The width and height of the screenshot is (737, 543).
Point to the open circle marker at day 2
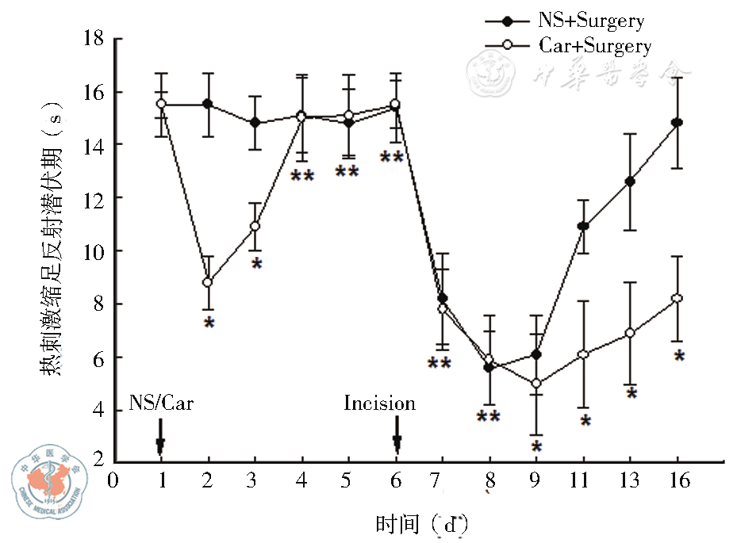point(209,282)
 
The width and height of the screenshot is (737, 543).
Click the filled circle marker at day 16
point(677,123)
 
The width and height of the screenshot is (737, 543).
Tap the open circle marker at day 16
point(677,298)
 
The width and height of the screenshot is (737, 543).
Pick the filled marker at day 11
point(583,226)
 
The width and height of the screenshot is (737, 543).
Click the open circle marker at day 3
point(255,226)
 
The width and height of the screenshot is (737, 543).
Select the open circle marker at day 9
point(536,384)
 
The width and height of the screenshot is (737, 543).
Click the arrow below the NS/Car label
point(161,435)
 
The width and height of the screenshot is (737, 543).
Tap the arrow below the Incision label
point(397,435)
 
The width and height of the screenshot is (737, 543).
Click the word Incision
point(379,403)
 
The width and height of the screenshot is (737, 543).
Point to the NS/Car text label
point(161,403)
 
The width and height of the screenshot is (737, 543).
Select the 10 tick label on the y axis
point(93,251)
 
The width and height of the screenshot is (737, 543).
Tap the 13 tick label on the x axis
point(630,481)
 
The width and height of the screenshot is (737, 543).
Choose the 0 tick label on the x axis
point(113,481)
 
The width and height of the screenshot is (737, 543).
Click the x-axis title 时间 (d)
point(420,523)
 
